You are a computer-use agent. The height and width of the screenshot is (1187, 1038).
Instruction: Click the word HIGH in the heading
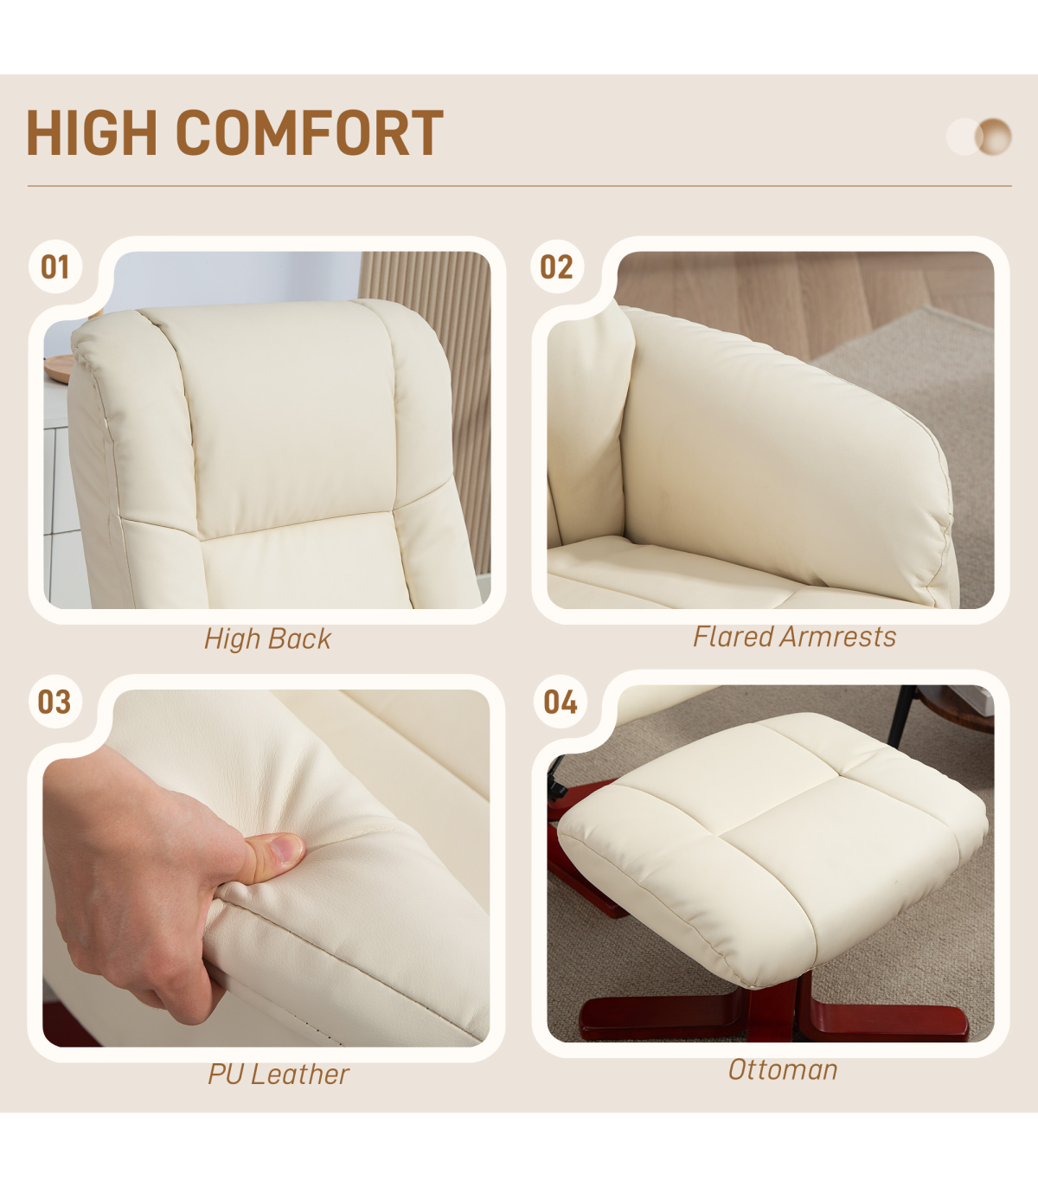pos(92,133)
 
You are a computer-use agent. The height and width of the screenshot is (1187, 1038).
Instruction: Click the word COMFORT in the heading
pos(310,133)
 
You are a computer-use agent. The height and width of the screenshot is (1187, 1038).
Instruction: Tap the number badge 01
pos(55,266)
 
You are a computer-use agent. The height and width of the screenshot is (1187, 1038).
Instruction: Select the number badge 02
pos(557,266)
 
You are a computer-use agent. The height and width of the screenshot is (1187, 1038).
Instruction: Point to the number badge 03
pos(54,702)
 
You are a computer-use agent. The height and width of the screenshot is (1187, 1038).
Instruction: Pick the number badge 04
pos(561,702)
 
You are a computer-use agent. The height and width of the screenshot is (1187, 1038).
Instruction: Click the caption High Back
pos(267,638)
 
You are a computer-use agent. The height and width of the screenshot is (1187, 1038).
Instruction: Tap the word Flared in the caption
pos(734,637)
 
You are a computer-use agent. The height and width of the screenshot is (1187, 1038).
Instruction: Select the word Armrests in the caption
pos(838,637)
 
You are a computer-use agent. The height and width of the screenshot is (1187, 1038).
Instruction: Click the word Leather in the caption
pos(300,1074)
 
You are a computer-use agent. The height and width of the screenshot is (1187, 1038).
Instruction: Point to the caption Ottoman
pos(783,1069)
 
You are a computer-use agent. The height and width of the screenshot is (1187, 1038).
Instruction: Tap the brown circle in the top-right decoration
pos(994,137)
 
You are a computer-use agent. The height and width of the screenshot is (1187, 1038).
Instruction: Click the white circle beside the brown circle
pos(963,137)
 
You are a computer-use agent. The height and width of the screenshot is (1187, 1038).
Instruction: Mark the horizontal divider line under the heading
pos(520,186)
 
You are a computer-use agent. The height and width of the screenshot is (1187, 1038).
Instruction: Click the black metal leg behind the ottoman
pos(900,715)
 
